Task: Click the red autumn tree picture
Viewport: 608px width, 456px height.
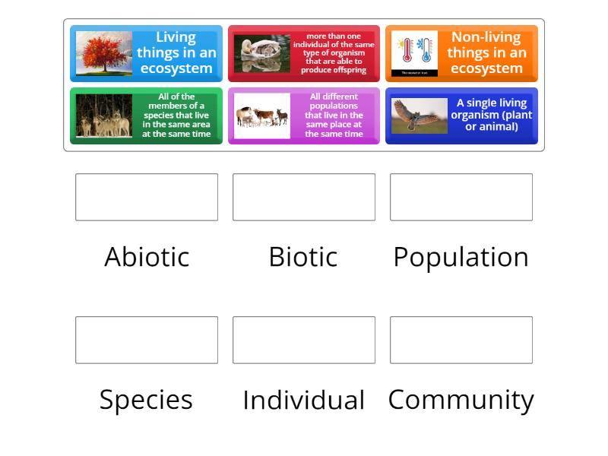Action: [104, 53]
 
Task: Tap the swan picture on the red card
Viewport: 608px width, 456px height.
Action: [261, 53]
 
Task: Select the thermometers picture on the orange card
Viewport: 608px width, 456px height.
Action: [414, 53]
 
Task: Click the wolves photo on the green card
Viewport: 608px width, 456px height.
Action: [104, 116]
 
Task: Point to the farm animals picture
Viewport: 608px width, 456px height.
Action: [261, 116]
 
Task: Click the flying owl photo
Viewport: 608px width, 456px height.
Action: [420, 116]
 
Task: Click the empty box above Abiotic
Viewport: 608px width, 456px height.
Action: [147, 197]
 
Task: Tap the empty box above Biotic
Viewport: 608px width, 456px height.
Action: [304, 197]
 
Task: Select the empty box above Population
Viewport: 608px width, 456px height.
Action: [461, 197]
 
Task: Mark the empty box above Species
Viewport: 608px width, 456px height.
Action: [147, 340]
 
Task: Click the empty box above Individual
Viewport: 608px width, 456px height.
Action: [304, 340]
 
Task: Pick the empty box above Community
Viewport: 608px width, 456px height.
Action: [461, 340]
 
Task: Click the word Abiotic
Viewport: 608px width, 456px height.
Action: [147, 257]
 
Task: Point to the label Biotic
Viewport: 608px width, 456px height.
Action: [303, 257]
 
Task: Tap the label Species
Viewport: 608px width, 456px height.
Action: [146, 400]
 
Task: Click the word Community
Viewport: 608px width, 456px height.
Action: [461, 400]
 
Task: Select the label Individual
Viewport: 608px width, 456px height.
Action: [303, 400]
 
